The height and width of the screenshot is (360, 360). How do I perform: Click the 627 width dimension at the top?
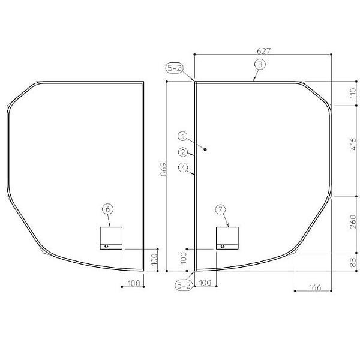pyautogui.click(x=263, y=50)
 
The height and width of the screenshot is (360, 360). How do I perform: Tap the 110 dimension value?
pyautogui.click(x=353, y=93)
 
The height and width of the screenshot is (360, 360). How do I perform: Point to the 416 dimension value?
pyautogui.click(x=353, y=143)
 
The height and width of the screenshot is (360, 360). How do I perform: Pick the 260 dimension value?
pyautogui.click(x=353, y=223)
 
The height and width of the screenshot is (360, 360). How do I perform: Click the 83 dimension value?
pyautogui.click(x=353, y=262)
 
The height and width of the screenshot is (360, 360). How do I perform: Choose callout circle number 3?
pyautogui.click(x=259, y=64)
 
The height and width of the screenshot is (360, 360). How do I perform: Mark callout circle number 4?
pyautogui.click(x=183, y=167)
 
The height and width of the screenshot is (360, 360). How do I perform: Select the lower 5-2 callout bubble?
pyautogui.click(x=184, y=286)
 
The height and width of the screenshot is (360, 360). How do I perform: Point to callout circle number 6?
pyautogui.click(x=107, y=209)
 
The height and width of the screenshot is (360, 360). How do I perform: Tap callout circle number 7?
pyautogui.click(x=220, y=209)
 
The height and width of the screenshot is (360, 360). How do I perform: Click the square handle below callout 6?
pyautogui.click(x=110, y=238)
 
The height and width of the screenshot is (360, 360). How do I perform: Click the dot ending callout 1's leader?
pyautogui.click(x=206, y=149)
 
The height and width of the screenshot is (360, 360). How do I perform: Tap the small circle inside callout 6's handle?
pyautogui.click(x=106, y=246)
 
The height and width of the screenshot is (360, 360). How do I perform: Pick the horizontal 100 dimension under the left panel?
pyautogui.click(x=133, y=283)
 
